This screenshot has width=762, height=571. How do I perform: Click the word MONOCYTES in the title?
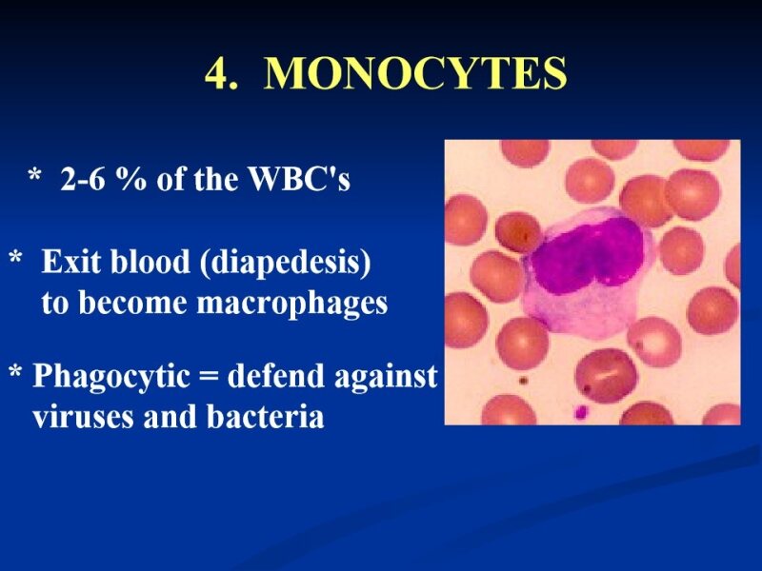pyautogui.click(x=414, y=74)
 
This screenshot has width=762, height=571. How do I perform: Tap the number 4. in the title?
pyautogui.click(x=222, y=74)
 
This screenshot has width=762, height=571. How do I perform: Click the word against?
pyautogui.click(x=385, y=378)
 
